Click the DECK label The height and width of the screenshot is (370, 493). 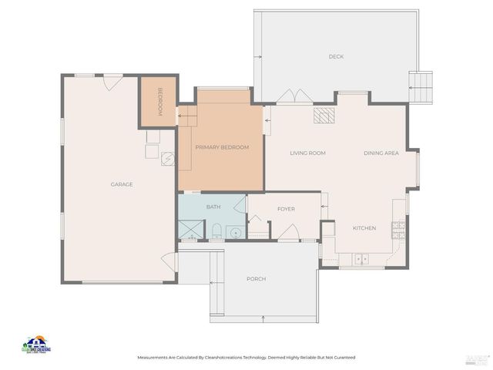click(336, 56)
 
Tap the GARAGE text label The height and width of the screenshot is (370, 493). click(122, 184)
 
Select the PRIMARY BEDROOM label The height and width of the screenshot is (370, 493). click(222, 147)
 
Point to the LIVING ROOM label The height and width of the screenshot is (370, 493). click(307, 153)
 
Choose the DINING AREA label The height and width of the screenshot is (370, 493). click(381, 153)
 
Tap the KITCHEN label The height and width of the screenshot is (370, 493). click(364, 228)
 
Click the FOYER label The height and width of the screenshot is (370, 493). click(287, 208)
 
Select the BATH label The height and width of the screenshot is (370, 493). click(213, 207)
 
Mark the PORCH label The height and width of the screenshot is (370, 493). click(257, 278)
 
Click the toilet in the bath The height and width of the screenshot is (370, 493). click(217, 230)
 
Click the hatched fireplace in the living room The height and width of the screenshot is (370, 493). click(324, 116)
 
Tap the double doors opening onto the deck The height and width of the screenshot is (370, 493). click(294, 97)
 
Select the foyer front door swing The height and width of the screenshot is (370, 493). click(288, 232)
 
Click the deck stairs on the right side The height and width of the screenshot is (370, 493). click(421, 86)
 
